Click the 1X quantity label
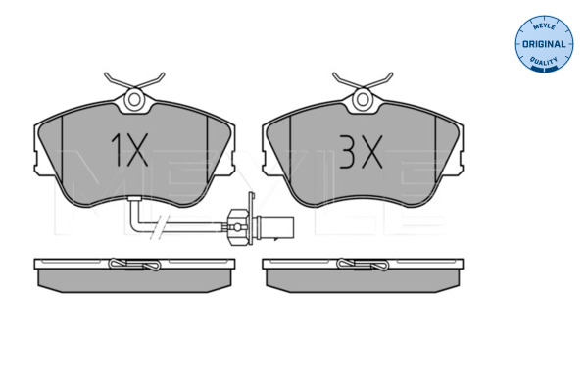[129, 150]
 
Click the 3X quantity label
[361, 152]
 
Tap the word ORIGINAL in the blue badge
[544, 44]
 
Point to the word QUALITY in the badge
[544, 61]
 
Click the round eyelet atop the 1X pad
[134, 99]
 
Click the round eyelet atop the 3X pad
[363, 99]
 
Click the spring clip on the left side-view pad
[134, 265]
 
